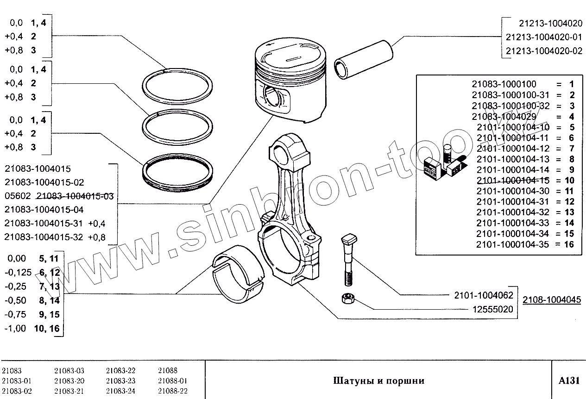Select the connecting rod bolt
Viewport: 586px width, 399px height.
point(348,259)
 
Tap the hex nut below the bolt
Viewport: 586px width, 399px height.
point(346,299)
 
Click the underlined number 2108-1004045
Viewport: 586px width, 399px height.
point(551,299)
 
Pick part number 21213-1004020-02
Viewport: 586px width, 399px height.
point(544,51)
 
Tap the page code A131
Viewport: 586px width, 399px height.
point(569,380)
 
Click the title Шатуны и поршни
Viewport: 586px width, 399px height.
point(378,381)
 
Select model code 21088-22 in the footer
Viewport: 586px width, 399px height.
point(172,391)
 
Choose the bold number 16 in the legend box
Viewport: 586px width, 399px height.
point(569,244)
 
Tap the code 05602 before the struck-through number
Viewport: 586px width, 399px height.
point(17,196)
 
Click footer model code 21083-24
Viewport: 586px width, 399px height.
point(120,391)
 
